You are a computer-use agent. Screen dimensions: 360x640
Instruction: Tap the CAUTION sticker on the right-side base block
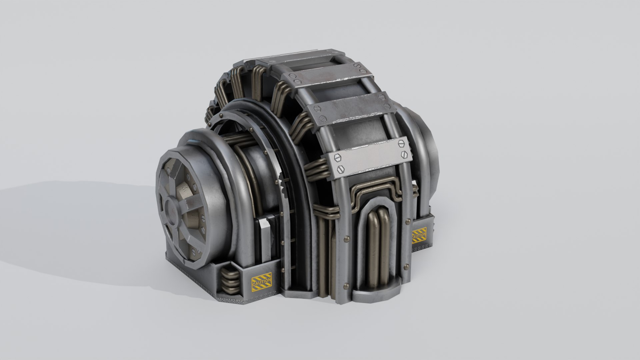coord(419,235)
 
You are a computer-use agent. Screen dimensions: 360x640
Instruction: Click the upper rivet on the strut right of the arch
coord(407,221)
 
